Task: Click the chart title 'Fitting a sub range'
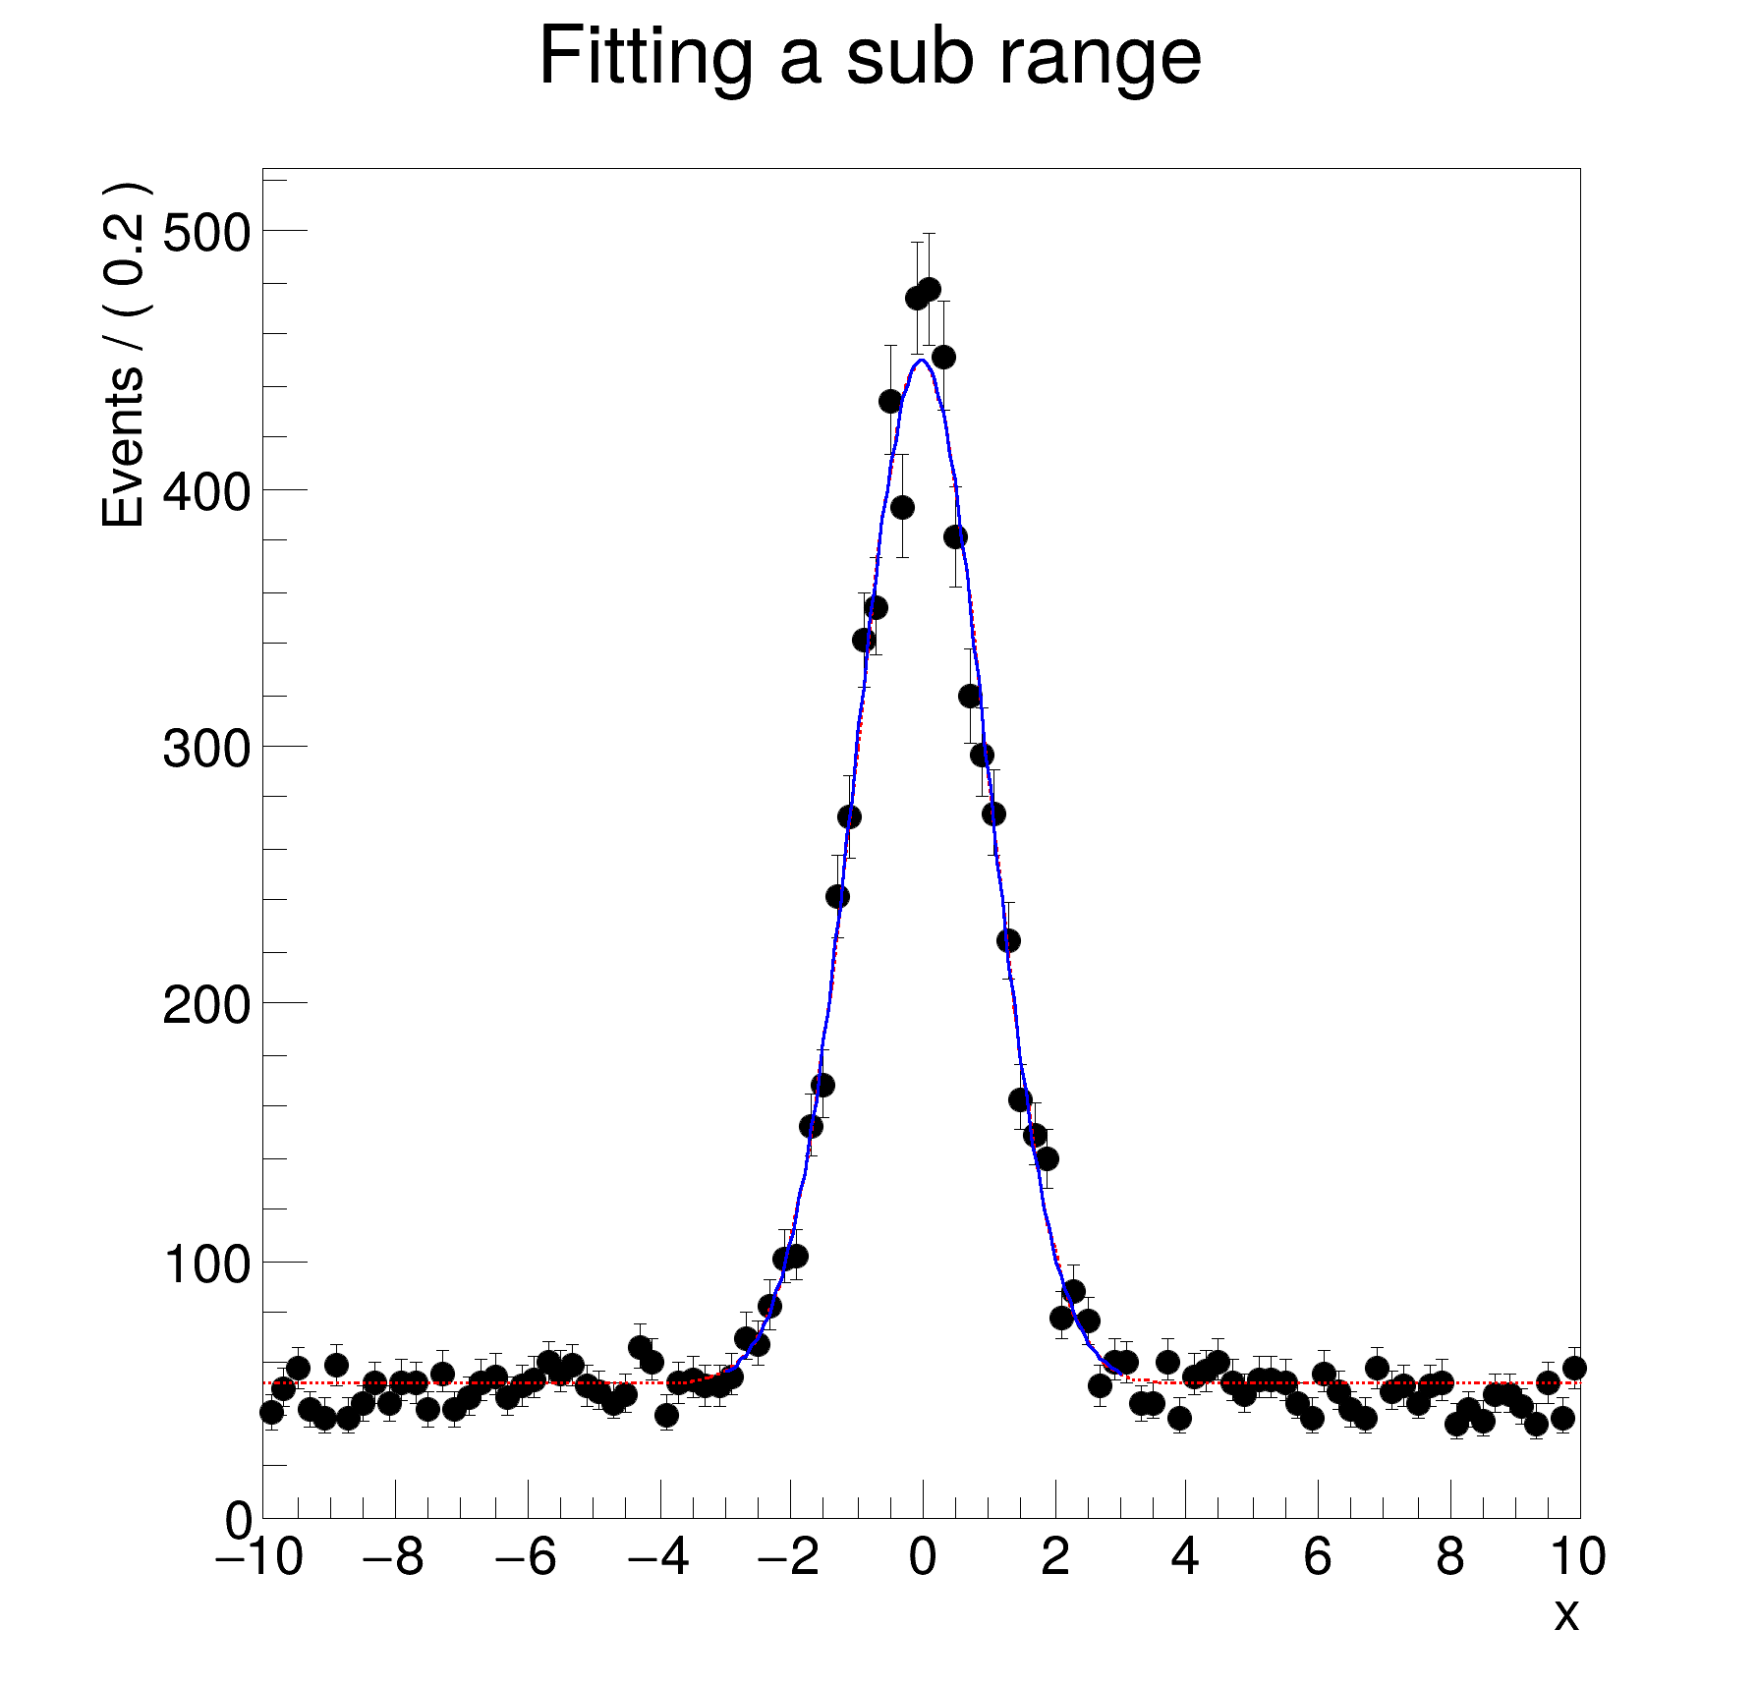[x=870, y=58]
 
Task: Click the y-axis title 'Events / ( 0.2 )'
[x=125, y=356]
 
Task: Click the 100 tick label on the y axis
[x=206, y=1264]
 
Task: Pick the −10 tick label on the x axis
[x=259, y=1557]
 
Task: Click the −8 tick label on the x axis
[x=393, y=1557]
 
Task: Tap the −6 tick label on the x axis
[x=526, y=1557]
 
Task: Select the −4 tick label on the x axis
[x=658, y=1557]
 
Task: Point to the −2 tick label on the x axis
[x=789, y=1557]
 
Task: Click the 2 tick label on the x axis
[x=1055, y=1557]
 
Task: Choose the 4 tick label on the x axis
[x=1186, y=1557]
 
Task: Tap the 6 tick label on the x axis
[x=1318, y=1557]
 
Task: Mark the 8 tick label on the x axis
[x=1450, y=1557]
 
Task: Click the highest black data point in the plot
[x=929, y=290]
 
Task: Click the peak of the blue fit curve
[x=921, y=360]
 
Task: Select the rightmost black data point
[x=1574, y=1368]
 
